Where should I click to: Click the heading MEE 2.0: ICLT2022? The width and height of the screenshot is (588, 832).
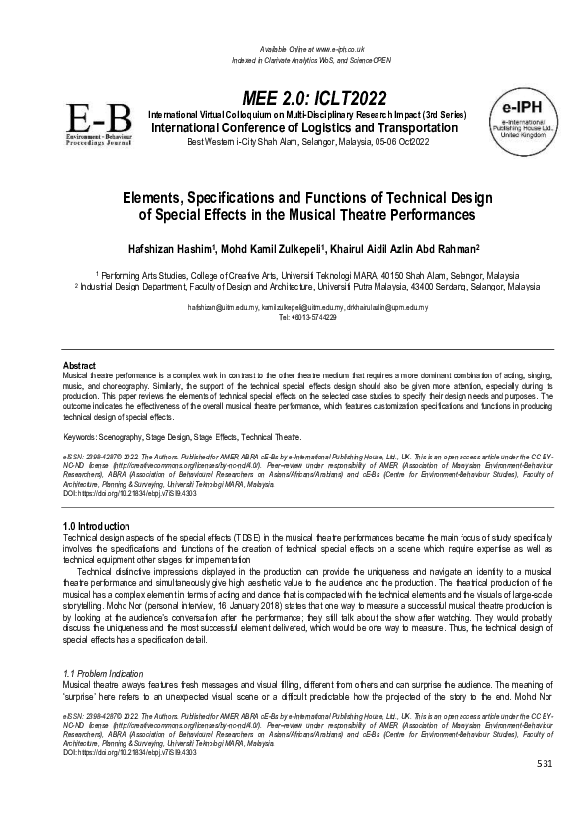307,97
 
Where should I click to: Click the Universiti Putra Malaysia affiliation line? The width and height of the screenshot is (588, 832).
307,287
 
